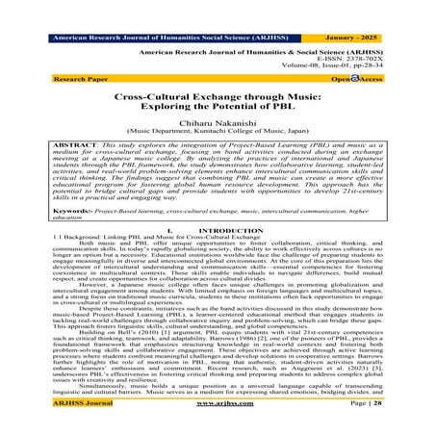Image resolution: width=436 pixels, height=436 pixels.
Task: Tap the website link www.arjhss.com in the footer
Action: (218, 426)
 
